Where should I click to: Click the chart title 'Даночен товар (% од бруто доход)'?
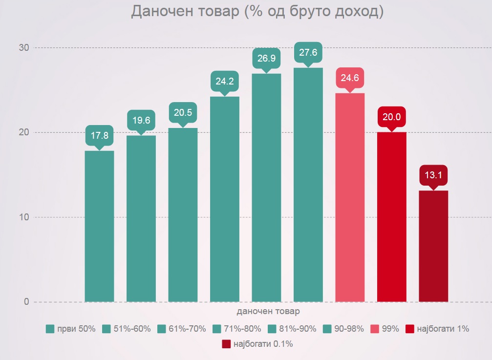click(257, 12)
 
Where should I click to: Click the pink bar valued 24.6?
click(350, 197)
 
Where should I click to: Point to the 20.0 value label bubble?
click(391, 117)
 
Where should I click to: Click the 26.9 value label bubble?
click(266, 59)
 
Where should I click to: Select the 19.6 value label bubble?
click(141, 121)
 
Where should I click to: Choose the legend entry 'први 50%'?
click(70, 329)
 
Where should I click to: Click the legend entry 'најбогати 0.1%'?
click(257, 344)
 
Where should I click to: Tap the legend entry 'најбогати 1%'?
click(437, 329)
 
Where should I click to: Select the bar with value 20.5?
click(183, 215)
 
